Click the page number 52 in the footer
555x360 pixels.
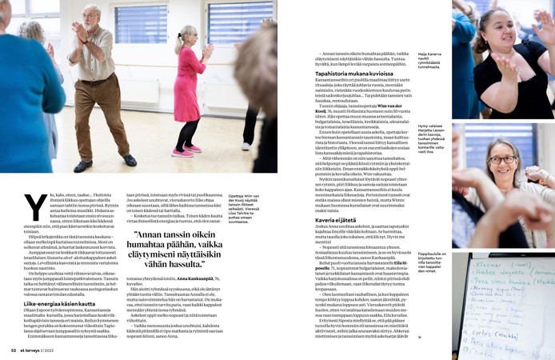(x=13, y=350)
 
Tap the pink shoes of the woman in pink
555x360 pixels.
(x=186, y=149)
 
